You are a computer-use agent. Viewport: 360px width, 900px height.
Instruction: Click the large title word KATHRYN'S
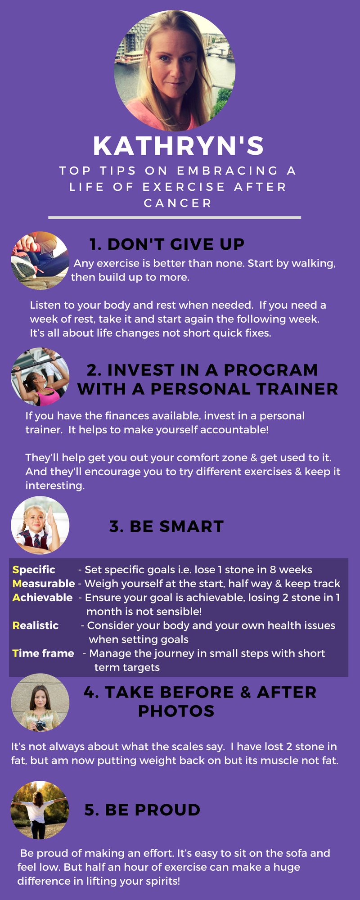point(178,146)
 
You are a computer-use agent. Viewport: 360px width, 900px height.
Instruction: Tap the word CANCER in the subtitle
point(178,203)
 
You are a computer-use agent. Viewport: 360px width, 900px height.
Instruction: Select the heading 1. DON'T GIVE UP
point(167,244)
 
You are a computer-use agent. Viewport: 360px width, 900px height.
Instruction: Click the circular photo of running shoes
point(40,261)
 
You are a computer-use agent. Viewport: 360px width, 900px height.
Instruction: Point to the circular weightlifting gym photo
point(40,377)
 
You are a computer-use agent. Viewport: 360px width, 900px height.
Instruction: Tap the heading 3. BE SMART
point(166,526)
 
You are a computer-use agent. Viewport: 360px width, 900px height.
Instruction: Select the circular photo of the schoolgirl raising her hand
point(40,525)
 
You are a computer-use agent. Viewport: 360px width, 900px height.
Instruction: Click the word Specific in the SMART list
point(34,570)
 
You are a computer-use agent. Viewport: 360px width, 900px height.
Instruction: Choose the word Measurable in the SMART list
point(44,584)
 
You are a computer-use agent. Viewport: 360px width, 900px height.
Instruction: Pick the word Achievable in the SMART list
point(42,598)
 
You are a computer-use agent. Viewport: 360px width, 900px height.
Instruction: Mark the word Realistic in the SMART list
point(36,625)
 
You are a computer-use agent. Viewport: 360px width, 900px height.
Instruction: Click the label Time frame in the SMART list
point(43,653)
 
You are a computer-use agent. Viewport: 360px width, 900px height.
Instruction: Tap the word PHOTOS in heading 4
point(176,711)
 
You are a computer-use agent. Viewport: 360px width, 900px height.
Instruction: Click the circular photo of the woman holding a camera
point(40,702)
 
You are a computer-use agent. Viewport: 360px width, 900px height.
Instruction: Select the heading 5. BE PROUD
point(142,810)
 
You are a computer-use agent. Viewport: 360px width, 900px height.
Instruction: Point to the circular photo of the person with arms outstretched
point(40,810)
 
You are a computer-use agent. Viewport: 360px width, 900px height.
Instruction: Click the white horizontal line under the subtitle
point(175,217)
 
